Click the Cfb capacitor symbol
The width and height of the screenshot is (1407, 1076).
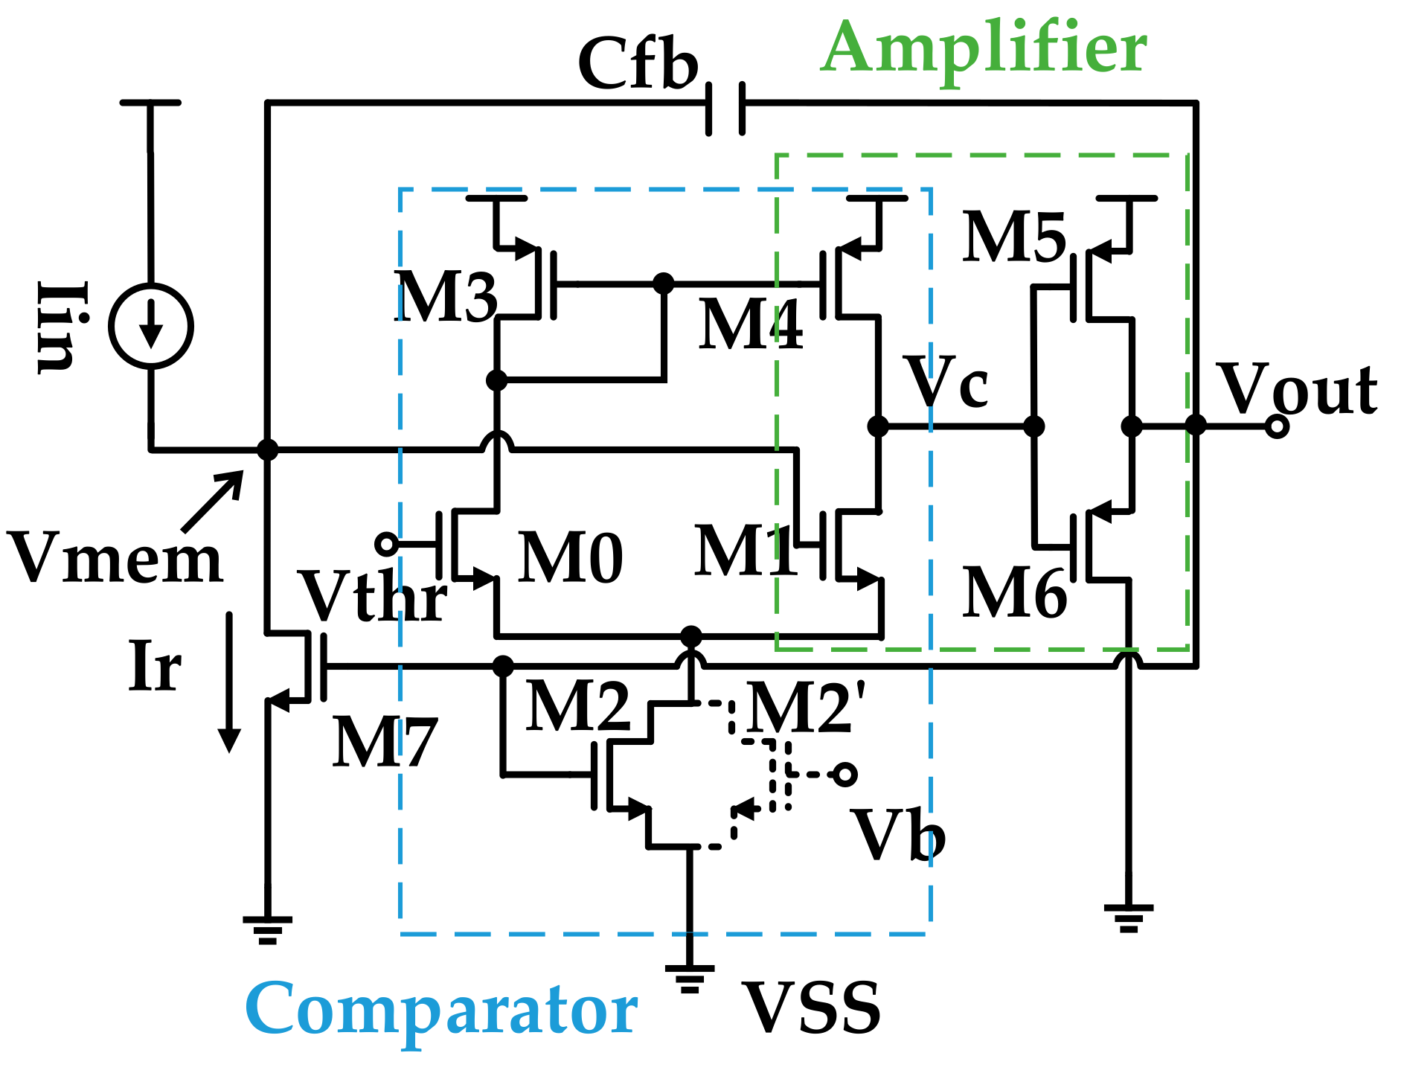pyautogui.click(x=725, y=109)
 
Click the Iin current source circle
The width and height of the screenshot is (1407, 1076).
pyautogui.click(x=151, y=326)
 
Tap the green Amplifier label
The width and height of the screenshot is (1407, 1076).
pyautogui.click(x=984, y=48)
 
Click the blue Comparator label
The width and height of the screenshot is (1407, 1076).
pyautogui.click(x=441, y=1009)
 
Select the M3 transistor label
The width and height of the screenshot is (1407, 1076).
pyautogui.click(x=445, y=297)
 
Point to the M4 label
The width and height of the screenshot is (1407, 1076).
pyautogui.click(x=750, y=324)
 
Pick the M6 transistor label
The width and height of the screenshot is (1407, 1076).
pyautogui.click(x=1014, y=593)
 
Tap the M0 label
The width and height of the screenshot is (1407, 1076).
pyautogui.click(x=571, y=558)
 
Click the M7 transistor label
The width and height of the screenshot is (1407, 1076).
pyautogui.click(x=384, y=742)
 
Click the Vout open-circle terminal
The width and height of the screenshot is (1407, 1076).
pyautogui.click(x=1277, y=426)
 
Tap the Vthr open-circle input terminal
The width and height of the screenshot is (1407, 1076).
pyautogui.click(x=386, y=544)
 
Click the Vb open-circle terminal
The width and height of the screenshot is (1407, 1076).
pyautogui.click(x=844, y=775)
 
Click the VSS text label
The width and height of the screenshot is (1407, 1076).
pyautogui.click(x=812, y=1009)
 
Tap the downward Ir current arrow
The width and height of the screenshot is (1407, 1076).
pyautogui.click(x=229, y=681)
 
